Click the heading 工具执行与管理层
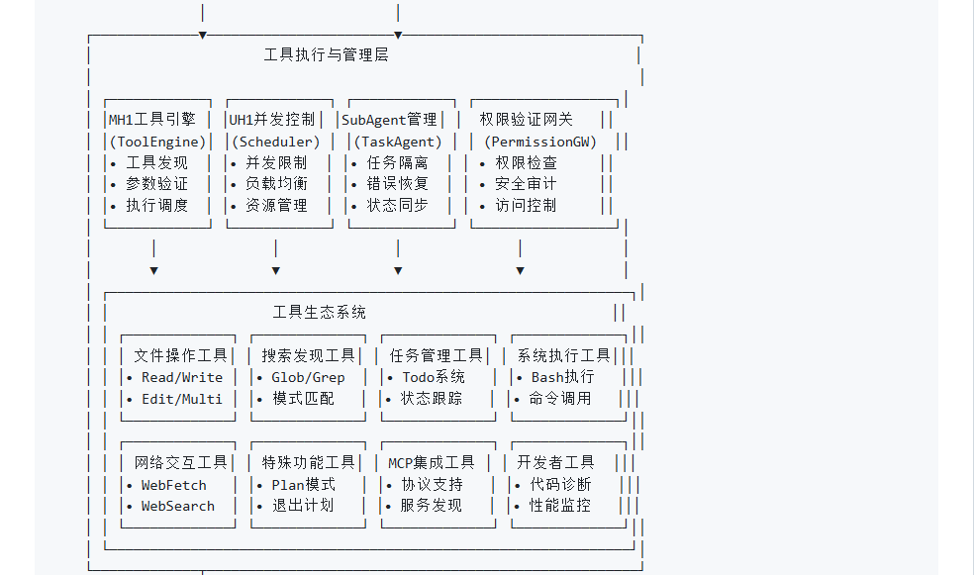pyautogui.click(x=326, y=55)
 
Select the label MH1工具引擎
pyautogui.click(x=152, y=119)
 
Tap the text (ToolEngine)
pyautogui.click(x=157, y=143)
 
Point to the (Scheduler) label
pyautogui.click(x=276, y=143)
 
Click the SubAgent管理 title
pyautogui.click(x=389, y=119)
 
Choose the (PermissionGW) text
pyautogui.click(x=540, y=143)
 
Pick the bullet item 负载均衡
pyautogui.click(x=276, y=184)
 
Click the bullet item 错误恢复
pyautogui.click(x=398, y=184)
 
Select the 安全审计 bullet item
pyautogui.click(x=526, y=184)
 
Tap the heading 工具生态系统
pyautogui.click(x=320, y=312)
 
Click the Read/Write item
pyautogui.click(x=182, y=377)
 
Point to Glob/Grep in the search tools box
pyautogui.click(x=308, y=377)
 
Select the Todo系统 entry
pyautogui.click(x=434, y=377)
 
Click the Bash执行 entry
pyautogui.click(x=563, y=377)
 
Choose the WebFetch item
pyautogui.click(x=174, y=485)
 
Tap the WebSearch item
pyautogui.click(x=177, y=506)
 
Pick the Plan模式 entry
pyautogui.click(x=303, y=484)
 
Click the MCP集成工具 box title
pyautogui.click(x=432, y=462)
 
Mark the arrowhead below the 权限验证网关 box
pyautogui.click(x=521, y=271)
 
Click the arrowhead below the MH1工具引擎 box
pyautogui.click(x=154, y=271)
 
